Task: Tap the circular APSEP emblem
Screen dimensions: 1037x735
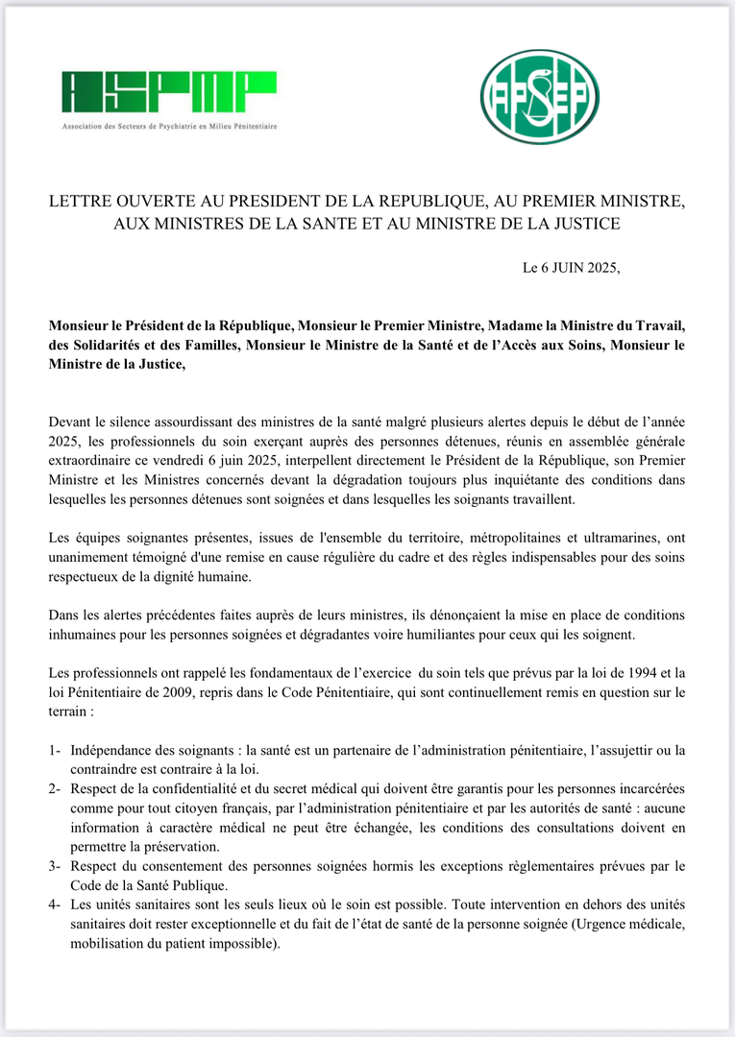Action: tap(539, 97)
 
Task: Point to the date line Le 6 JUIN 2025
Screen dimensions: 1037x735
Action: tap(572, 268)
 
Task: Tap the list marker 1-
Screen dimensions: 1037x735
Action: tap(56, 749)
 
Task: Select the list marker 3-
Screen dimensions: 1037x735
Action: tap(56, 867)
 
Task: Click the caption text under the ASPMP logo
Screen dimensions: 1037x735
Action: tap(169, 127)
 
